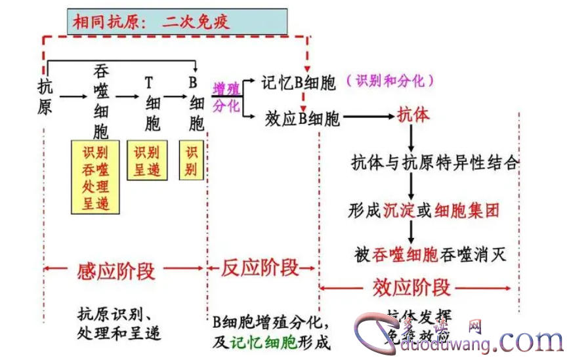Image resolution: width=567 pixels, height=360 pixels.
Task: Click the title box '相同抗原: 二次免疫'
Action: pos(177,22)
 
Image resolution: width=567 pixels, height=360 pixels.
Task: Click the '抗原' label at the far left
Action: pos(45,96)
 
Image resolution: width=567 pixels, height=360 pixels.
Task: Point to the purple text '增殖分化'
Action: pos(226,96)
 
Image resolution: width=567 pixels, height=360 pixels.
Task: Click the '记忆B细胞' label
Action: pos(298,83)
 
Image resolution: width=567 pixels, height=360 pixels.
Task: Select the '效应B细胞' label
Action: pos(303,118)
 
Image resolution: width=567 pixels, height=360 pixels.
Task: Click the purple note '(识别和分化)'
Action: pos(394,81)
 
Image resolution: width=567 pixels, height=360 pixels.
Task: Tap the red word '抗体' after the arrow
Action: pos(413,116)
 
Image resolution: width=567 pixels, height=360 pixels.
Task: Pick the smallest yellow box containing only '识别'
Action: pos(191,161)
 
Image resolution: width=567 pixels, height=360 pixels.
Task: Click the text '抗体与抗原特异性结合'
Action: pos(434,163)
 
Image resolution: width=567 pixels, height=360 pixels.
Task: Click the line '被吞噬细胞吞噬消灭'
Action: pos(430,254)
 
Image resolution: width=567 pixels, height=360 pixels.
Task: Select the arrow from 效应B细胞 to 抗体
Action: pos(367,117)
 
